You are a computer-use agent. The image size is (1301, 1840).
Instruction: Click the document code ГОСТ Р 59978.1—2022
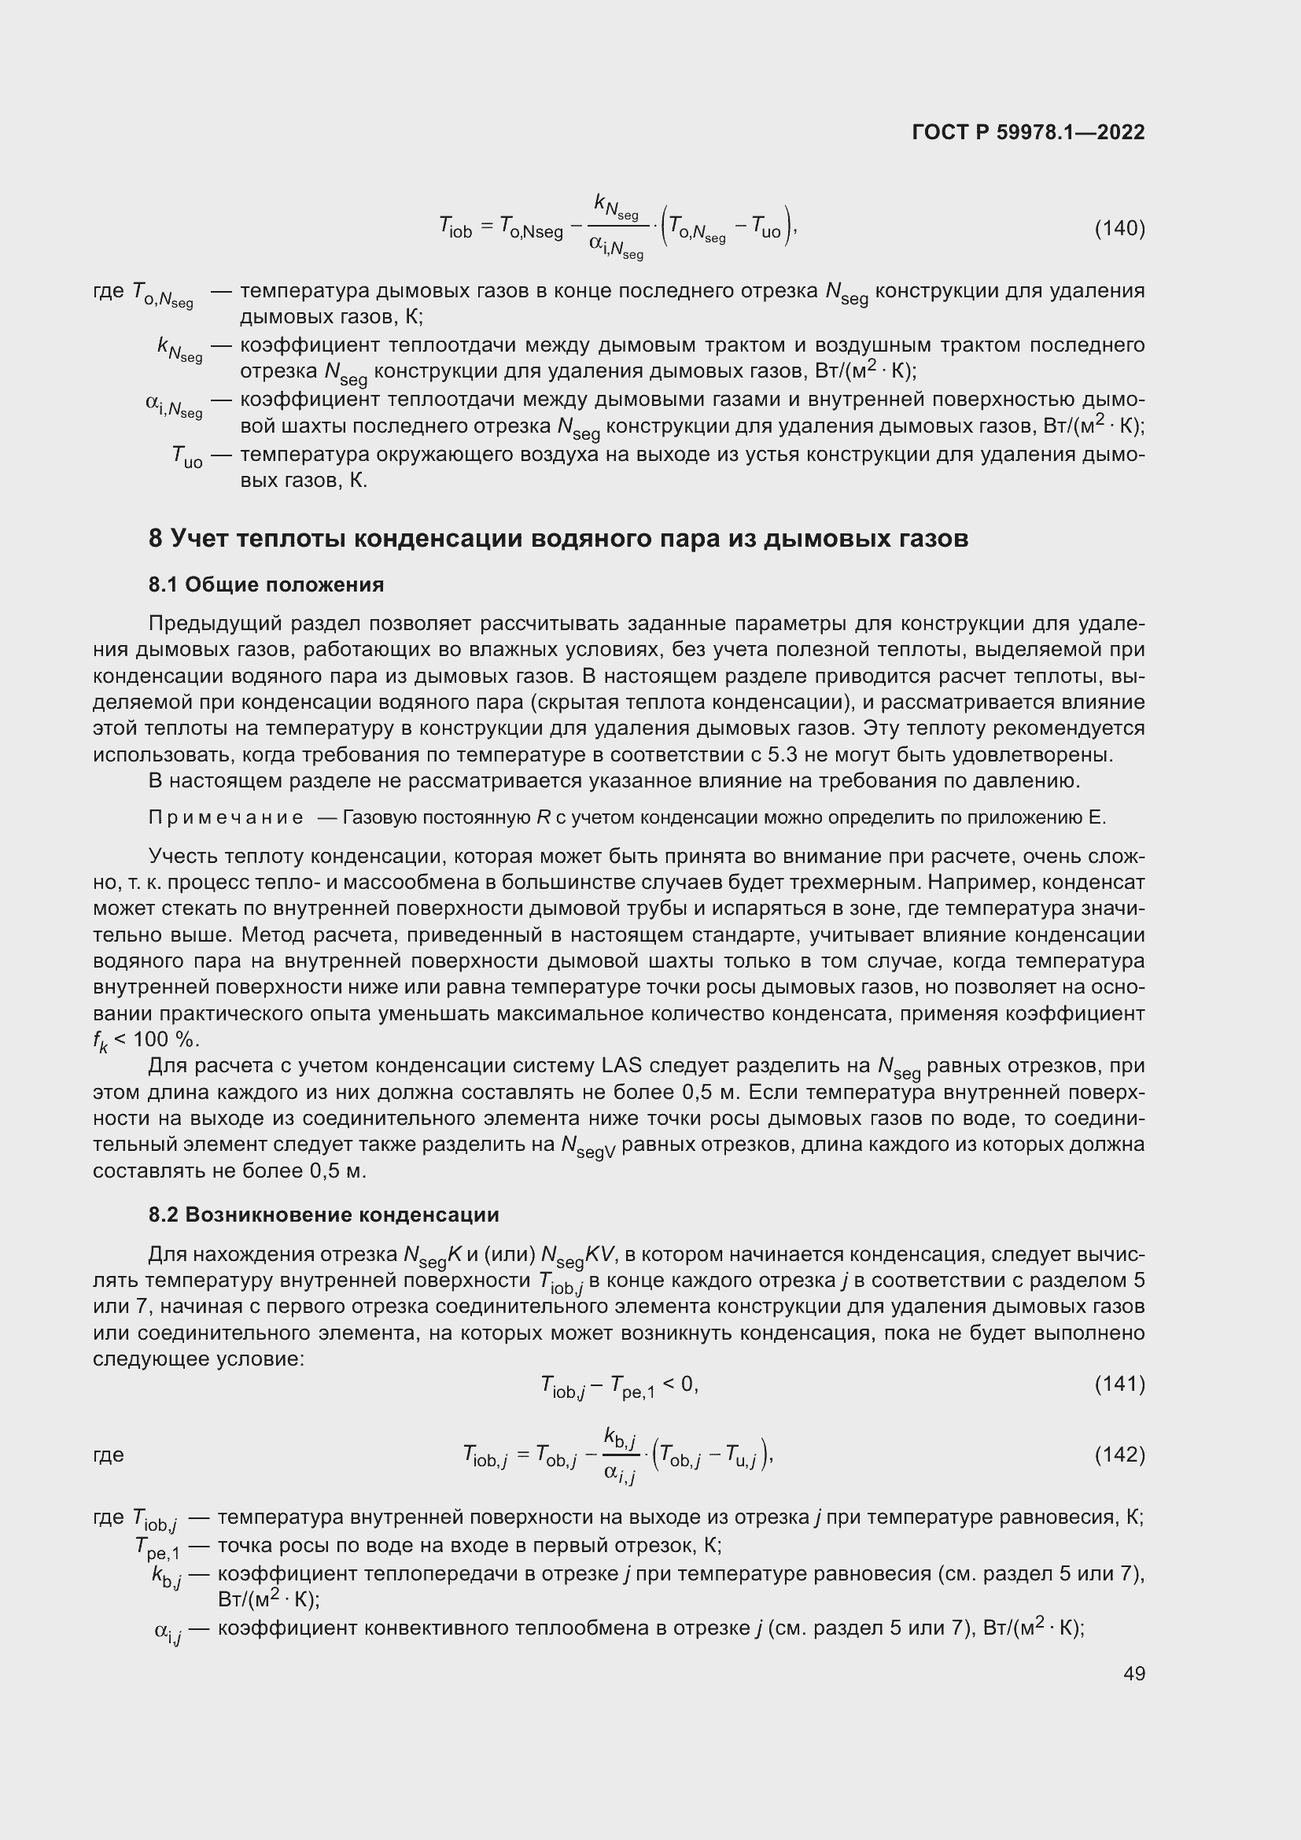click(x=1028, y=132)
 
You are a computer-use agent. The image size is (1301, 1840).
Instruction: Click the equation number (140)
click(x=1119, y=229)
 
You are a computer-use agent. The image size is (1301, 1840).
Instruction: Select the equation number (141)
click(x=1119, y=1384)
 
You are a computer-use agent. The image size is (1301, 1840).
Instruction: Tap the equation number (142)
click(x=1119, y=1455)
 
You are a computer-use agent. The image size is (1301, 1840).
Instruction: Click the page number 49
click(x=1133, y=1673)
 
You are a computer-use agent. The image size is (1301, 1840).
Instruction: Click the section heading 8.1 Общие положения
click(x=266, y=585)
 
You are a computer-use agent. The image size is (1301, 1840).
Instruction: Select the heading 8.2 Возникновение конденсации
click(x=323, y=1215)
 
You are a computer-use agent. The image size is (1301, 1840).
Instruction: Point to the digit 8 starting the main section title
click(x=156, y=539)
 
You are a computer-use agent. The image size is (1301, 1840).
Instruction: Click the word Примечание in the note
click(x=226, y=818)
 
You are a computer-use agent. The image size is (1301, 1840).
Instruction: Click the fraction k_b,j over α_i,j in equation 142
click(x=620, y=1455)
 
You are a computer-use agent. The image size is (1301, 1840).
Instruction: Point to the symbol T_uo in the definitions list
click(x=186, y=457)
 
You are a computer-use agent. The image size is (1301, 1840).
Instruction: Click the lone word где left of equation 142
click(x=108, y=1455)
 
